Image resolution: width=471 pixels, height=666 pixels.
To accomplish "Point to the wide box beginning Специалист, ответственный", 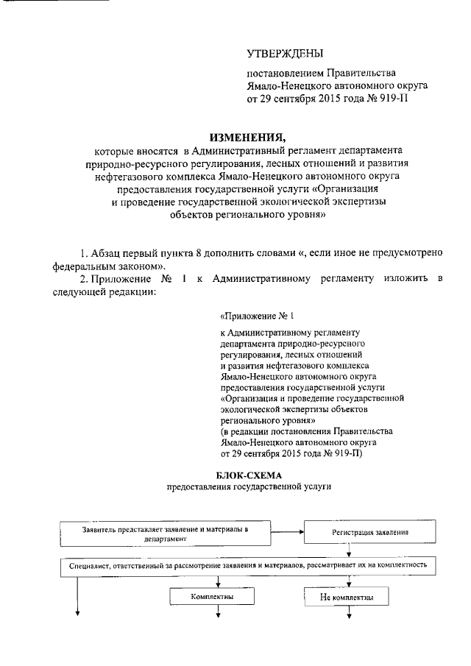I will (248, 565).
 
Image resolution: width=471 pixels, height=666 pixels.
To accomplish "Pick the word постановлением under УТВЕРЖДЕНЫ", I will (283, 74).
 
